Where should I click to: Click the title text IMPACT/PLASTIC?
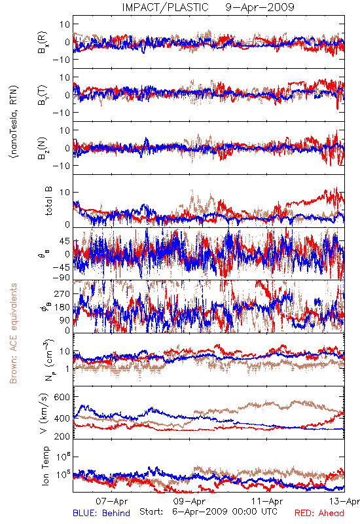click(166, 7)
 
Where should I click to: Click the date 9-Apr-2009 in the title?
click(260, 7)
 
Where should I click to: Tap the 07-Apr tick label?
click(112, 501)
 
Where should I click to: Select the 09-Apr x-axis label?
click(189, 501)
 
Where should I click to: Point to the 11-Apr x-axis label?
click(267, 501)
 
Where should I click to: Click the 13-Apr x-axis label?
click(344, 501)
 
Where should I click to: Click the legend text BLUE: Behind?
click(101, 513)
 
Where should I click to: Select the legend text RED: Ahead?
click(319, 513)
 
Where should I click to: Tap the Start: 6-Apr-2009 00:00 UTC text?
click(208, 512)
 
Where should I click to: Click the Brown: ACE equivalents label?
click(13, 333)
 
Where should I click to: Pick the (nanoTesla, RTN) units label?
click(14, 122)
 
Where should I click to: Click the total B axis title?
click(48, 201)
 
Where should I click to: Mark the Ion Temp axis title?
click(46, 466)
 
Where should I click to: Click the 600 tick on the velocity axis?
click(62, 397)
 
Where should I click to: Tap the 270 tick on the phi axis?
click(62, 293)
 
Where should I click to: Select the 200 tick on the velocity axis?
click(62, 436)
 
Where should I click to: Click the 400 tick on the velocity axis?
click(62, 418)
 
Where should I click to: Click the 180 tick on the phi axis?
click(62, 307)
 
